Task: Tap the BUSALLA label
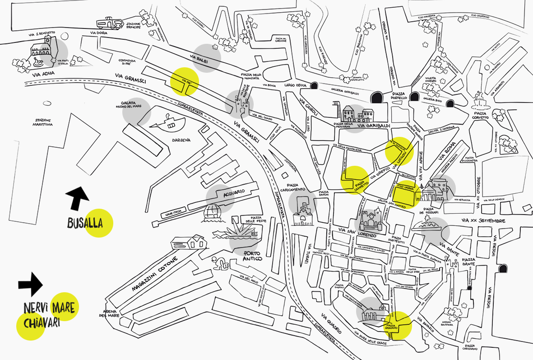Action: pos(84,223)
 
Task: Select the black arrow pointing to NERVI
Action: pos(30,284)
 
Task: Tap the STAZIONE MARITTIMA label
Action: pos(43,122)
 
